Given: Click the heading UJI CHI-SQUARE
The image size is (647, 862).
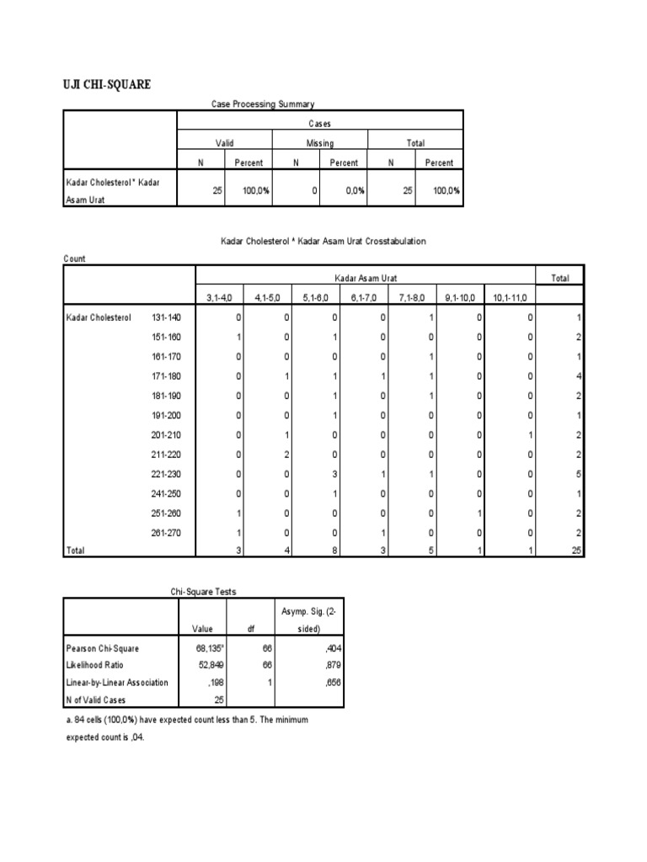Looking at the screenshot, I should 109,84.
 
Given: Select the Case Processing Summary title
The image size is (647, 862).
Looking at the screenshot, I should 262,104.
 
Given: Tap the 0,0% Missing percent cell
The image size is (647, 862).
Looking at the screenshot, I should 353,191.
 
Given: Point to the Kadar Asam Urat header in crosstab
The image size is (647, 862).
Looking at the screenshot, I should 366,277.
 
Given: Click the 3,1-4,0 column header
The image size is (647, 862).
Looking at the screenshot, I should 220,297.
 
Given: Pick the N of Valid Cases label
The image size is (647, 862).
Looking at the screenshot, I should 96,699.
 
